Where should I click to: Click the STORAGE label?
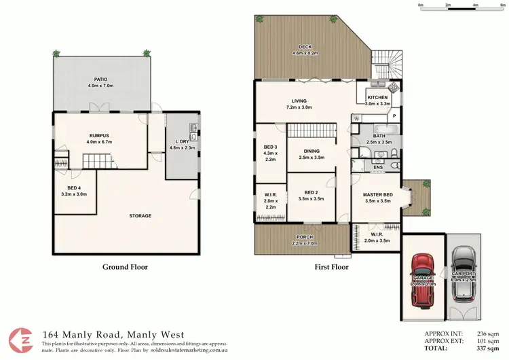pyautogui.click(x=140, y=216)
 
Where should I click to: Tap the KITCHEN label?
pyautogui.click(x=378, y=100)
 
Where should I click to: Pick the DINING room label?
pyautogui.click(x=312, y=154)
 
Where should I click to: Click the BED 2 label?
pyautogui.click(x=312, y=196)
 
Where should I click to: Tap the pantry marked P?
pyautogui.click(x=394, y=117)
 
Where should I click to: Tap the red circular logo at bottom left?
pyautogui.click(x=20, y=340)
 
